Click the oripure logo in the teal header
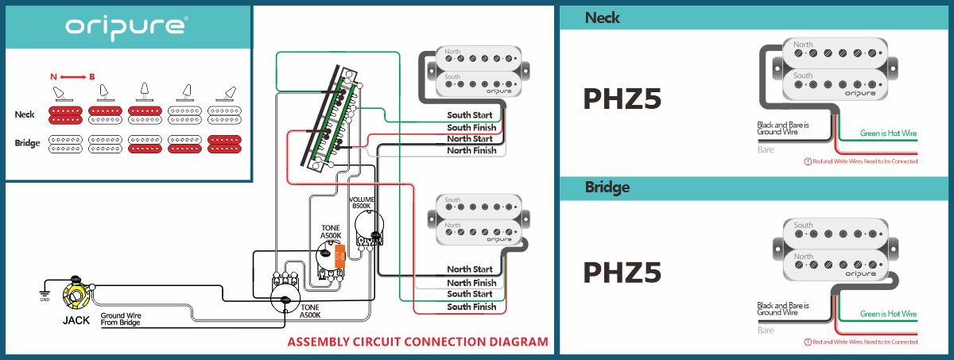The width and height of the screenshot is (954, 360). coord(126,26)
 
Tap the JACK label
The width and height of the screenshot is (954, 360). coord(76,321)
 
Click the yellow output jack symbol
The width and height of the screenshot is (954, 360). coord(79,298)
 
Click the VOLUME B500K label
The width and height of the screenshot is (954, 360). coord(363,202)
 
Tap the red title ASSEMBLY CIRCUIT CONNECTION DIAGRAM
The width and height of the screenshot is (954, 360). coord(417,343)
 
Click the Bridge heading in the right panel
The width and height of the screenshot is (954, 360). coord(607,188)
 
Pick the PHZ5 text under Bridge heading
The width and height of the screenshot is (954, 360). coord(622,272)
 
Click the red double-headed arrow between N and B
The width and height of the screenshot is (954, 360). coord(72,76)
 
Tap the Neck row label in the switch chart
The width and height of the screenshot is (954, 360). coord(25,114)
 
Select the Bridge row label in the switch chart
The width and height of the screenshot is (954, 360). coord(27,143)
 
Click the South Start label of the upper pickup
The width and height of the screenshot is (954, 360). coord(469,115)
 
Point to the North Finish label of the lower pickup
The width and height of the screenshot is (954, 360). coord(471,283)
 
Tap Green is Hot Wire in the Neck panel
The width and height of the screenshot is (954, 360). coord(888,134)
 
